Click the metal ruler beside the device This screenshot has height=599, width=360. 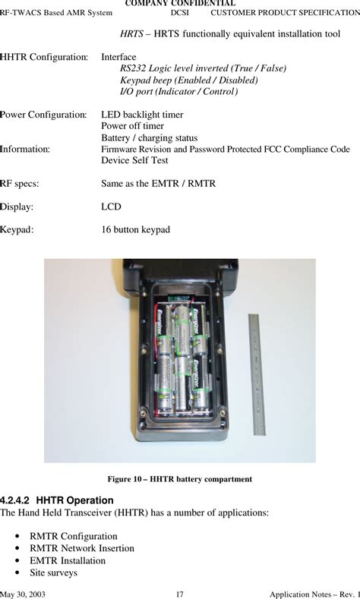pyautogui.click(x=257, y=374)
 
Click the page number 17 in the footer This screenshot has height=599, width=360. pyautogui.click(x=179, y=594)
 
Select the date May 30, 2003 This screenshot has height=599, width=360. pyautogui.click(x=23, y=594)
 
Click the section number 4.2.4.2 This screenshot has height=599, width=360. pyautogui.click(x=14, y=500)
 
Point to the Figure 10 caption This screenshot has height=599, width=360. pyautogui.click(x=179, y=479)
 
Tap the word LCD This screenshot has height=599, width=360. pyautogui.click(x=111, y=206)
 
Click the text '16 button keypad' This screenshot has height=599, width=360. pyautogui.click(x=136, y=229)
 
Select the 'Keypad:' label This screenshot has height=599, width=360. pyautogui.click(x=17, y=229)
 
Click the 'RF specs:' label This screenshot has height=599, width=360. pyautogui.click(x=20, y=184)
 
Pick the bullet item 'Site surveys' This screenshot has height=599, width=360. pyautogui.click(x=53, y=572)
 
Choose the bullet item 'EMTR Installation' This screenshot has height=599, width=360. pyautogui.click(x=68, y=560)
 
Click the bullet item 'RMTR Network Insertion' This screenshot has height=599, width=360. pyautogui.click(x=82, y=548)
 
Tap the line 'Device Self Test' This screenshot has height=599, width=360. pyautogui.click(x=134, y=160)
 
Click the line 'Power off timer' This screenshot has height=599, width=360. pyautogui.click(x=133, y=126)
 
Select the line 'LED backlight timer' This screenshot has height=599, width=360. pyautogui.click(x=142, y=115)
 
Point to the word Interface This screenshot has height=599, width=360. pyautogui.click(x=118, y=57)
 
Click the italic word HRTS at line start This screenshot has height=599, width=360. pyautogui.click(x=132, y=33)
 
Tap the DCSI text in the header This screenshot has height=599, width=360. pyautogui.click(x=179, y=13)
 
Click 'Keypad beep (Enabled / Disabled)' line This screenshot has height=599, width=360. pyautogui.click(x=189, y=80)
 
